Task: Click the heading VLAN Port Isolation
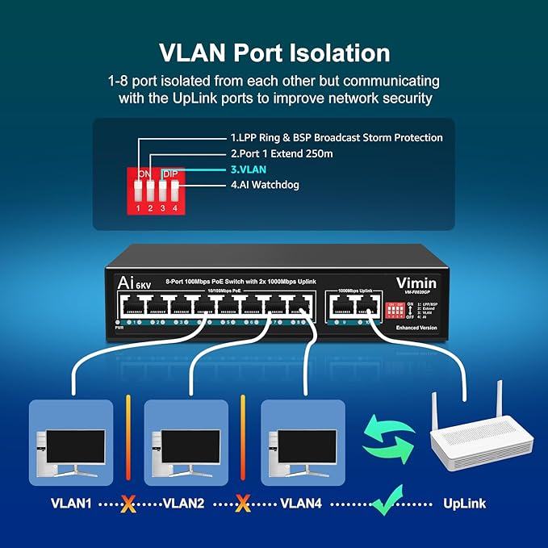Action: coord(274,53)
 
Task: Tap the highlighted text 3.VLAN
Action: coord(249,169)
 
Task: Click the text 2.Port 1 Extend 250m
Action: coord(282,153)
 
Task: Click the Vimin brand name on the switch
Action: coord(416,282)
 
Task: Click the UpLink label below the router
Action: coord(465,504)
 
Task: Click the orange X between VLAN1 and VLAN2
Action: coord(128,504)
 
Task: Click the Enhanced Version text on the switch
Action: coord(417,328)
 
